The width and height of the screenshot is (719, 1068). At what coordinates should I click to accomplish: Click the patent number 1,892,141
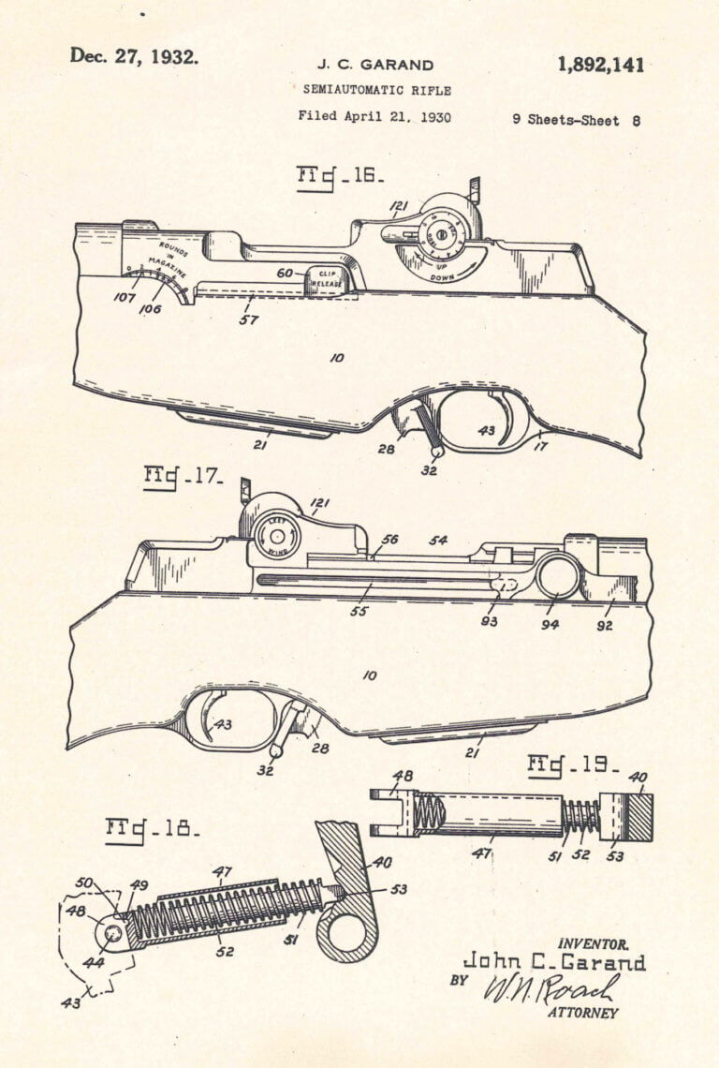point(600,65)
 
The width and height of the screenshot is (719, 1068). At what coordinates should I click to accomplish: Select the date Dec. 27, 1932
point(134,56)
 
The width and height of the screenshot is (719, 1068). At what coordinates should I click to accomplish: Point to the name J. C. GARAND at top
point(374,66)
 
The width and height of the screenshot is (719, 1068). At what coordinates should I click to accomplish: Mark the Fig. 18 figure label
point(154,829)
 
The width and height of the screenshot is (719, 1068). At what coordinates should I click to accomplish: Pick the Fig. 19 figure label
point(574,765)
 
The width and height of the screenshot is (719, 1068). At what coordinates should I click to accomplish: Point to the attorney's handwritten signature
point(550,988)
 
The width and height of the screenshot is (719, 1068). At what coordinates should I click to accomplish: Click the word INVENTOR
point(593,944)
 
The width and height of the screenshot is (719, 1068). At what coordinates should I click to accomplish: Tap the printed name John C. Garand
point(554,962)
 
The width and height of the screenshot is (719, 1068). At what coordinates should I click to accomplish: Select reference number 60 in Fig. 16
point(285,273)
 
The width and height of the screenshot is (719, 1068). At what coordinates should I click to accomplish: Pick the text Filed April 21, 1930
point(374,117)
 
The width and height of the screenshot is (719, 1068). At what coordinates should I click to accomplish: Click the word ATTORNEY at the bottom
point(582,1013)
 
